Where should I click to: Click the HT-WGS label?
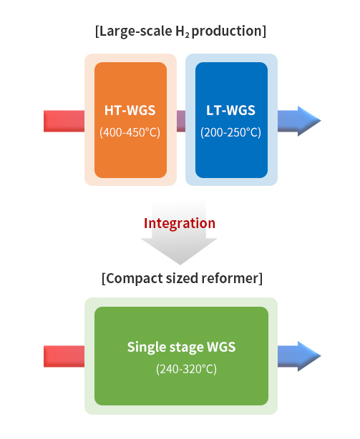point(130,110)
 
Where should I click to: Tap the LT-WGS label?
point(231,110)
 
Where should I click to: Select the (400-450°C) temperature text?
point(130,132)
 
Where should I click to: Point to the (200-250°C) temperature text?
point(231,132)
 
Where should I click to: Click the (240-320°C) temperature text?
point(186,369)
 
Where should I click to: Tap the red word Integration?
point(180,223)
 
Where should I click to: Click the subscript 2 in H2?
point(187,35)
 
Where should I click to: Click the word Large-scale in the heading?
point(136,31)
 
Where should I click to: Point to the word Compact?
point(135,279)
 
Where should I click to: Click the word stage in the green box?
point(185,347)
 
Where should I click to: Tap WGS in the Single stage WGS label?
point(221,347)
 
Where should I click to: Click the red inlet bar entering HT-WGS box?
point(64,121)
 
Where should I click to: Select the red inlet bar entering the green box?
point(64,356)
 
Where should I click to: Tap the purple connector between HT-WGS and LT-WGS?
point(181,121)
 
